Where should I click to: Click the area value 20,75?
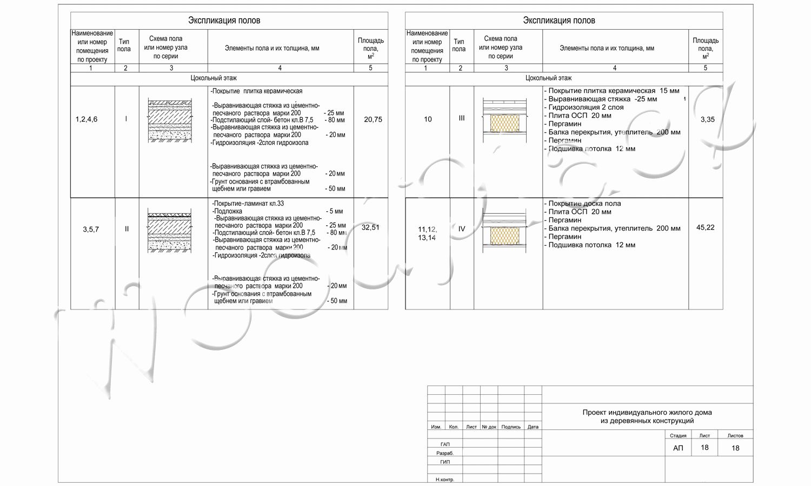coord(373,119)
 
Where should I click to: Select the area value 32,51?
coord(371,227)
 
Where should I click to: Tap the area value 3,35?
coord(707,119)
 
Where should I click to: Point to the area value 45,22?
coord(706,227)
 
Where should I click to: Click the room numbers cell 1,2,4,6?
coord(87,119)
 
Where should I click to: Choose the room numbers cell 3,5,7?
coord(91,229)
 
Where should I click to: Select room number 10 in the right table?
coord(428,119)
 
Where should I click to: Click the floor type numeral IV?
coord(462,229)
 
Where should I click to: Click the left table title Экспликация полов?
coord(224,21)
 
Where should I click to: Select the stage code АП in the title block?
coord(678,448)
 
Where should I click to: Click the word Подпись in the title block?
coord(511,427)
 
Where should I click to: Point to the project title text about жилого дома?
coord(647,416)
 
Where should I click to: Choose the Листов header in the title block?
coord(735,435)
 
